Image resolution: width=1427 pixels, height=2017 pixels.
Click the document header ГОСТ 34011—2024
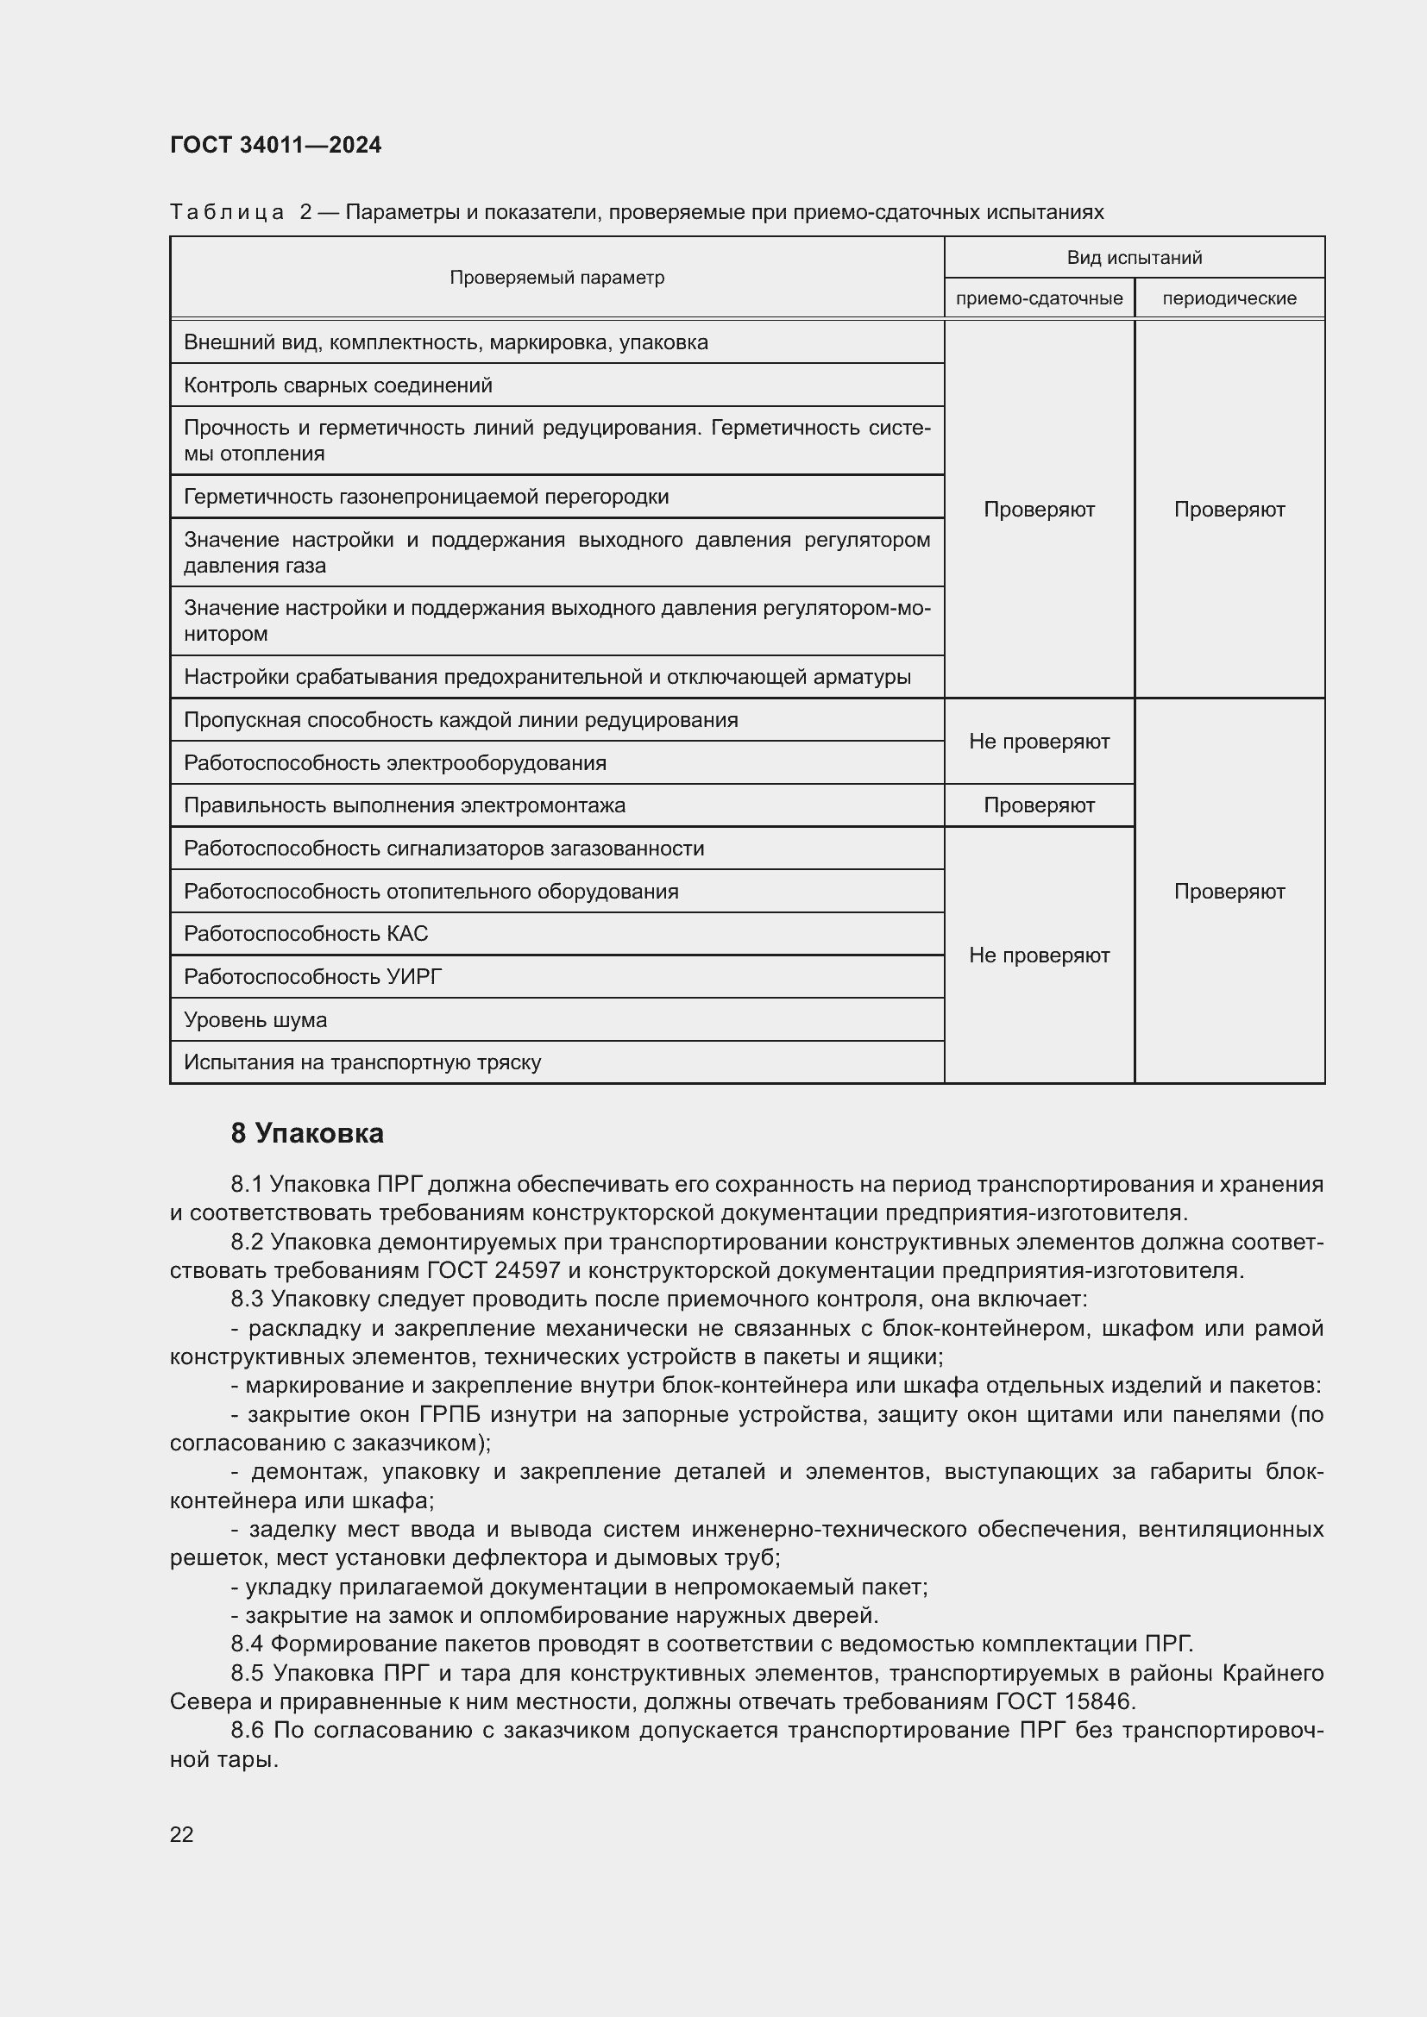pos(275,145)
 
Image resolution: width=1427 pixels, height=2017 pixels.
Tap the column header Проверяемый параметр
pos(556,278)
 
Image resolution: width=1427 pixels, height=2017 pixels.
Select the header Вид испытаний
pos(1134,257)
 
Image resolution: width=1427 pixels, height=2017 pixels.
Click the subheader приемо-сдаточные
pos(1039,298)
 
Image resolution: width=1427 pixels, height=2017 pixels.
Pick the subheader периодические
pos(1229,298)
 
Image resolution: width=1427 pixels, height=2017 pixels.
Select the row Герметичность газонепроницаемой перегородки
pos(426,498)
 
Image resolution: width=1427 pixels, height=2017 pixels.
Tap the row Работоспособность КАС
pos(305,934)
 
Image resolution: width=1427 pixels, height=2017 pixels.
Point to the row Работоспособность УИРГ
pos(313,977)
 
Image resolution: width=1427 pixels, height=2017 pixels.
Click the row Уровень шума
pos(255,1020)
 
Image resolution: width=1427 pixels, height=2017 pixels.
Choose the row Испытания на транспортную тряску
pos(362,1063)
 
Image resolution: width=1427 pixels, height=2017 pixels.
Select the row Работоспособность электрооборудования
pos(394,762)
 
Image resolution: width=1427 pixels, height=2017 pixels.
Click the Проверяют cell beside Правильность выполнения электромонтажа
pos(1039,805)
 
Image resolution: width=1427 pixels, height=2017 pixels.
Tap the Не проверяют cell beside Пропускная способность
pos(1039,742)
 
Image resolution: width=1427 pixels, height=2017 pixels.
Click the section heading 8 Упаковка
pos(306,1133)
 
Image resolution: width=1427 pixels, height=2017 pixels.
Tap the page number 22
pos(182,1834)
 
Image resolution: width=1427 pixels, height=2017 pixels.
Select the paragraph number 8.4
pos(247,1644)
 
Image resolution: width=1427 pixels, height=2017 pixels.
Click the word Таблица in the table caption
pos(227,213)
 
